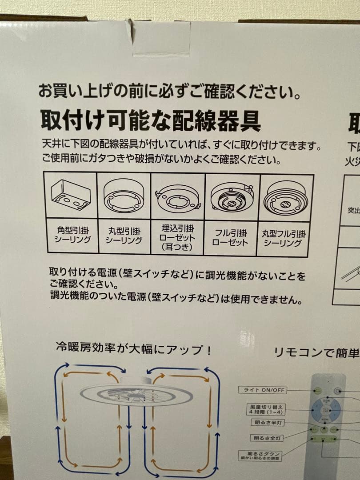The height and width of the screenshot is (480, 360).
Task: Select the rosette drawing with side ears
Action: [x=177, y=197]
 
